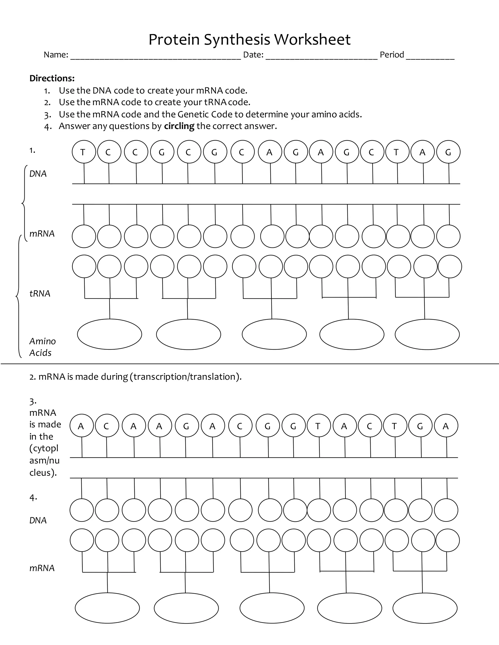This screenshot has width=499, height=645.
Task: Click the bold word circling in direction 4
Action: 179,126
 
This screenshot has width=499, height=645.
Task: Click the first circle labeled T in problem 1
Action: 84,152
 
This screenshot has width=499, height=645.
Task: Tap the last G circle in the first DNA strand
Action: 448,152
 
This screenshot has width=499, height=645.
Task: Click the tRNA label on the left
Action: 40,294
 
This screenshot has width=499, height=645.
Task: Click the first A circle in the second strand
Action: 81,426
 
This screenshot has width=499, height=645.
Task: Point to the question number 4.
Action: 33,498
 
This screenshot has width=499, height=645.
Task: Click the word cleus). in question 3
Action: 43,472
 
